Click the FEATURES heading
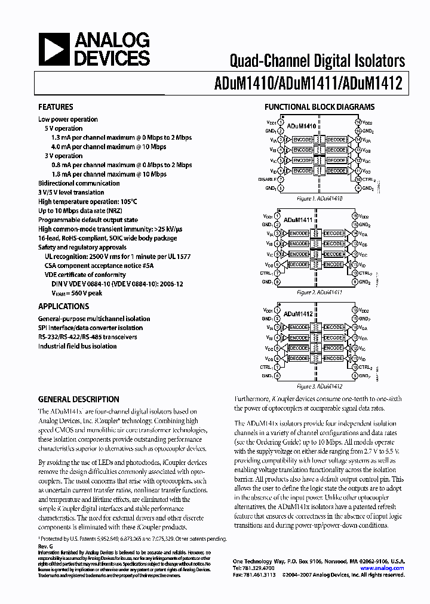click(x=56, y=107)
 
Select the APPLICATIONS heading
click(x=63, y=306)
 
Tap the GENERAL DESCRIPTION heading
click(x=78, y=399)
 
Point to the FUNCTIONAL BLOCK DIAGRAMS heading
click(x=320, y=107)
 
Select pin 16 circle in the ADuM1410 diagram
click(x=358, y=122)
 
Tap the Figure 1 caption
click(x=319, y=198)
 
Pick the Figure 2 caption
click(x=319, y=293)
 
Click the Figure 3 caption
click(x=319, y=386)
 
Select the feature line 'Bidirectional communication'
click(x=79, y=183)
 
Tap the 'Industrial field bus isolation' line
click(x=78, y=346)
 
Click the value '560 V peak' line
click(x=76, y=293)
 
